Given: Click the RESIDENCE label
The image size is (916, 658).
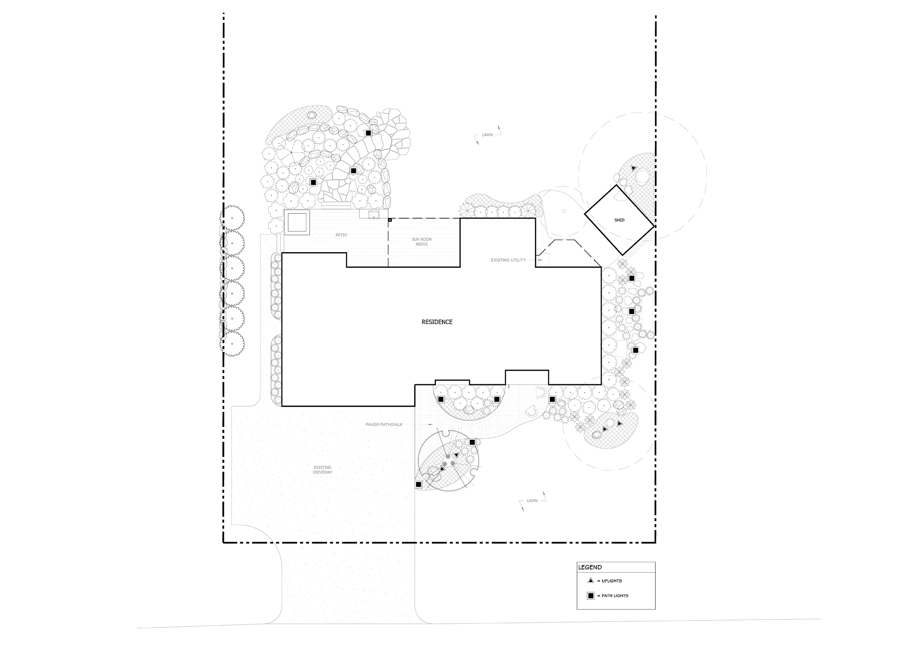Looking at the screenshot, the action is pyautogui.click(x=437, y=322).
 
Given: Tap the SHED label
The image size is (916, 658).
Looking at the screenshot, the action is pyautogui.click(x=619, y=220).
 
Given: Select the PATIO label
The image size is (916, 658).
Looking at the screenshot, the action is pyautogui.click(x=341, y=235).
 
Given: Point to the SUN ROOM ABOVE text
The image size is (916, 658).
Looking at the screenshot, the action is pyautogui.click(x=422, y=242).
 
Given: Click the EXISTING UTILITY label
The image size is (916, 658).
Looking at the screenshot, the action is pyautogui.click(x=508, y=260).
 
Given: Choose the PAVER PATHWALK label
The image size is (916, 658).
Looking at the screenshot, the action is pyautogui.click(x=384, y=425).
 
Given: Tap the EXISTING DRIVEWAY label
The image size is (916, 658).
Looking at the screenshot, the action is pyautogui.click(x=323, y=470).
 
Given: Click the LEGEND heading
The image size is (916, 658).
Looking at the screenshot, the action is pyautogui.click(x=590, y=567).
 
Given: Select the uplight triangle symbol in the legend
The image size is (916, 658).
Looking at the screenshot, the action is pyautogui.click(x=591, y=581).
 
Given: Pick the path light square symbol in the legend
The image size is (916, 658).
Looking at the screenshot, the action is pyautogui.click(x=591, y=595).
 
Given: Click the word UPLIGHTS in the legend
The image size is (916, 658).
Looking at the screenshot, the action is pyautogui.click(x=612, y=581).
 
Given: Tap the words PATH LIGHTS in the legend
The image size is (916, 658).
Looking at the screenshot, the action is pyautogui.click(x=615, y=596).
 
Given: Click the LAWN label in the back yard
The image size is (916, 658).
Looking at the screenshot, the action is pyautogui.click(x=488, y=135).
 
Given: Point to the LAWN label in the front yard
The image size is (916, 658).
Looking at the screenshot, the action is pyautogui.click(x=532, y=500).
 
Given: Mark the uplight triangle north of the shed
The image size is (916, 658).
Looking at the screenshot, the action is pyautogui.click(x=634, y=168).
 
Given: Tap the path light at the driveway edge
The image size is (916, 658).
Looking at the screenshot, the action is pyautogui.click(x=418, y=484).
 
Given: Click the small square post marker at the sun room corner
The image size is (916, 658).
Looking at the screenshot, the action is pyautogui.click(x=390, y=220).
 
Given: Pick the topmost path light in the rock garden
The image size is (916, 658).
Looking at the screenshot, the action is pyautogui.click(x=368, y=133).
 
